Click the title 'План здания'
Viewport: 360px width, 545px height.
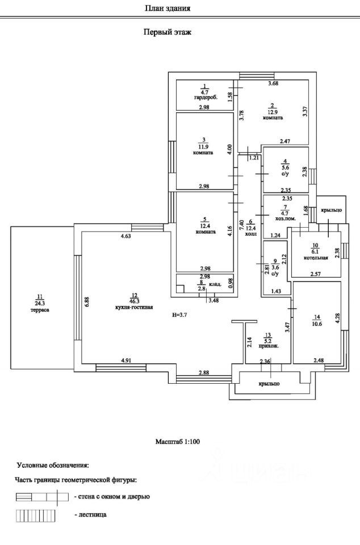point(168,8)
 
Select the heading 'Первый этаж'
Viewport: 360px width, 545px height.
point(168,32)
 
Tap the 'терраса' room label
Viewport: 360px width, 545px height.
point(40,310)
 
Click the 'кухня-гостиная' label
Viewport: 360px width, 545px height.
point(133,307)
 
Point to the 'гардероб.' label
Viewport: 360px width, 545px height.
point(206,98)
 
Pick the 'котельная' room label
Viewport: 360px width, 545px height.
point(316,258)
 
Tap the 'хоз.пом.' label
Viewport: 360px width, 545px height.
point(285,219)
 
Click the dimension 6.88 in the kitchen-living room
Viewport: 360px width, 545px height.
point(87,301)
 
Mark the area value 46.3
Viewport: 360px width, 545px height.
point(134,301)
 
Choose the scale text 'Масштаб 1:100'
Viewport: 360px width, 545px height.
point(178,442)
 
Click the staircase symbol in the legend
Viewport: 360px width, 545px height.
point(35,515)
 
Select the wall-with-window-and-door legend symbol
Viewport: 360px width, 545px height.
point(41,497)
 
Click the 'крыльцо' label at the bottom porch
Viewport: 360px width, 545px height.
point(269,384)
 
